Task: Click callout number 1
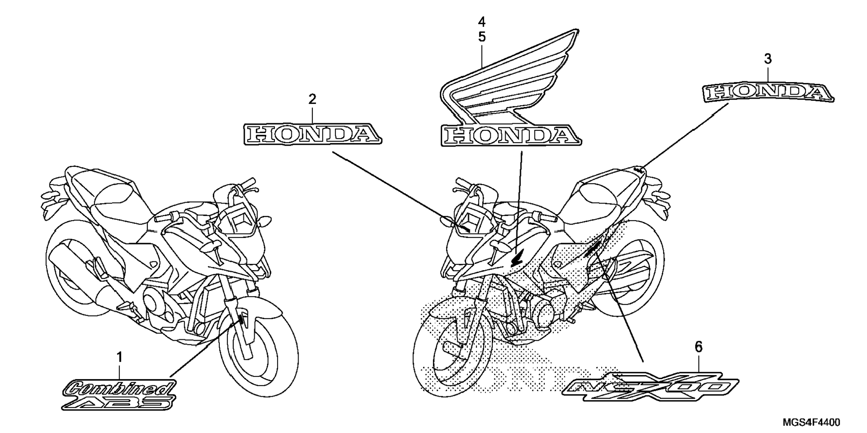[119, 357]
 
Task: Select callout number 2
[312, 99]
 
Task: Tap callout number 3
[767, 59]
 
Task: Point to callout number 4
[481, 22]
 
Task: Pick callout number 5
[481, 37]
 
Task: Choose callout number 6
[698, 346]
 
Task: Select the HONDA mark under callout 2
[312, 134]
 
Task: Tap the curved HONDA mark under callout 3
[767, 92]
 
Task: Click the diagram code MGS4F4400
[811, 422]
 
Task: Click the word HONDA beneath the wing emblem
[510, 135]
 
